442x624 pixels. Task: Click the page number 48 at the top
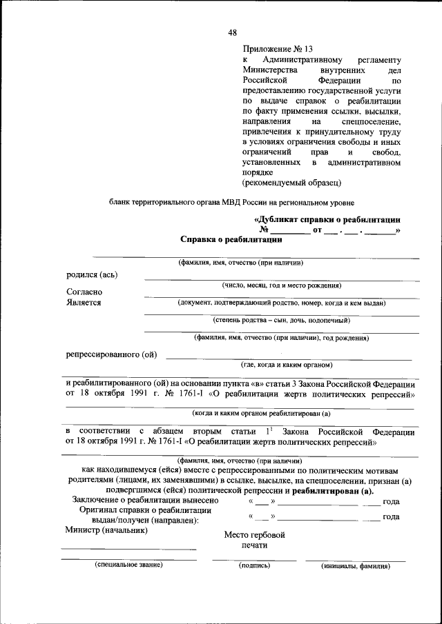(233, 32)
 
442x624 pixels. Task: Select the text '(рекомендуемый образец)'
(291, 183)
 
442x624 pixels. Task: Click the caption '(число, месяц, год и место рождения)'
(281, 285)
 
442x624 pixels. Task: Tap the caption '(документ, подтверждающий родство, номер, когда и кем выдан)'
(281, 303)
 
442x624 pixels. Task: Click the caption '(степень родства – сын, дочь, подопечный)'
(281, 321)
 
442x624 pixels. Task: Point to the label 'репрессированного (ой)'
(111, 355)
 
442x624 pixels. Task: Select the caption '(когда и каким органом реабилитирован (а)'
(262, 413)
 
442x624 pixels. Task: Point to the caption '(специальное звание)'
(128, 565)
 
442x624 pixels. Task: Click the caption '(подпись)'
(254, 565)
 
